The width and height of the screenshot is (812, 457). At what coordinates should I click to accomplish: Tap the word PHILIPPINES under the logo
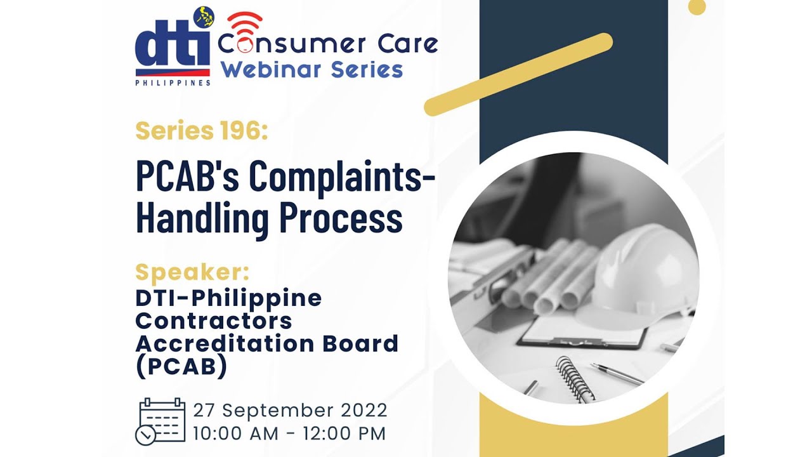pyautogui.click(x=173, y=83)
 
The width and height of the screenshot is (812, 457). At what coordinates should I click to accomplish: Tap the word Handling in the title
pyautogui.click(x=203, y=218)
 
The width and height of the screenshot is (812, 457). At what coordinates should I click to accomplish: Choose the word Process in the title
pyautogui.click(x=341, y=218)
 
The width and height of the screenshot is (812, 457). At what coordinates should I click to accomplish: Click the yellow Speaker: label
pyautogui.click(x=192, y=273)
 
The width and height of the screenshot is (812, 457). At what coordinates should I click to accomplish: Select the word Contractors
pyautogui.click(x=214, y=321)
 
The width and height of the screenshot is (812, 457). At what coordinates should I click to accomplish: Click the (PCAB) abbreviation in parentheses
pyautogui.click(x=181, y=367)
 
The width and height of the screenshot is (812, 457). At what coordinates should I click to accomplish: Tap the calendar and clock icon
pyautogui.click(x=161, y=421)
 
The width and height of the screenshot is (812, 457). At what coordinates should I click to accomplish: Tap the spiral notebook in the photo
pyautogui.click(x=574, y=378)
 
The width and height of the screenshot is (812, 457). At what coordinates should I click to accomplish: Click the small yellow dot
pyautogui.click(x=697, y=6)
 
